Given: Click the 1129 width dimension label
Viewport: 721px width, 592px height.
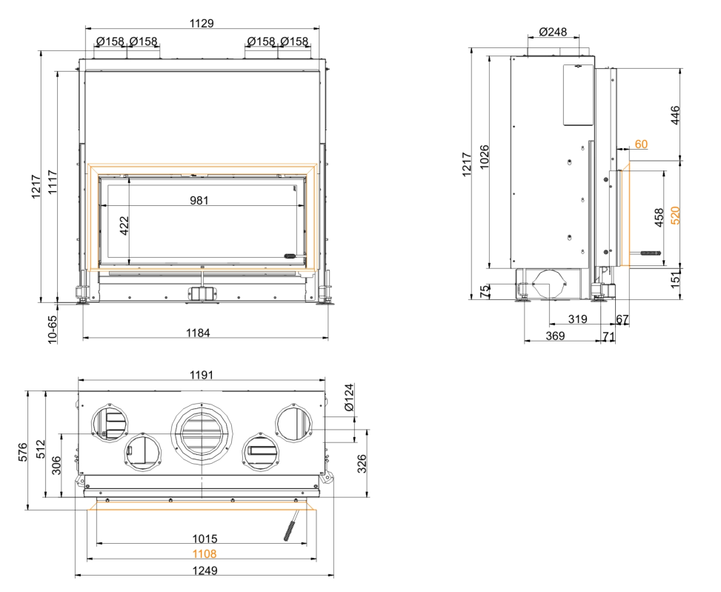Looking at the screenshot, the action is coord(202,23).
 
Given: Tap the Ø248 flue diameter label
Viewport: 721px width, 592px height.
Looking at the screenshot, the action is coord(553,32).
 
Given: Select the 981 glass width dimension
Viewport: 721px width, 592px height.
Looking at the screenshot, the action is coord(199,200).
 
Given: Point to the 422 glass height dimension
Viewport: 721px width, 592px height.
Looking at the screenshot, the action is coord(124,226).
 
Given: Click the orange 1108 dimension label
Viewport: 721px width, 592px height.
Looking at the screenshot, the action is coord(205,554).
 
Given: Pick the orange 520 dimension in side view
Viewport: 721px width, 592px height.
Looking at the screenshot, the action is coord(675,215).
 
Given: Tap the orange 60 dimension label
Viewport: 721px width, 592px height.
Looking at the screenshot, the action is coord(641,144).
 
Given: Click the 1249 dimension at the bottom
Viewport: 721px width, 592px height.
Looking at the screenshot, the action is coord(205,571).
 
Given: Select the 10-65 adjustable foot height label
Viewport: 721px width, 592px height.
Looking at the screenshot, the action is coord(52,329).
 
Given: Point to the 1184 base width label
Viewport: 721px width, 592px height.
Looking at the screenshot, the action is coord(198,333).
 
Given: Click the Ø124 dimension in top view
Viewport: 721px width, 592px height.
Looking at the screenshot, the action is coord(350,397).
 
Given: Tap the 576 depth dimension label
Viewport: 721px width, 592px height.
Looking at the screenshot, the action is coord(22,452).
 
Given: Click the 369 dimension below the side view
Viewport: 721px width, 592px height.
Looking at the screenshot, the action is coord(555,336).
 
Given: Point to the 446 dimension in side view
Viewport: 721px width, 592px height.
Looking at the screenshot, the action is coord(675,115).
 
